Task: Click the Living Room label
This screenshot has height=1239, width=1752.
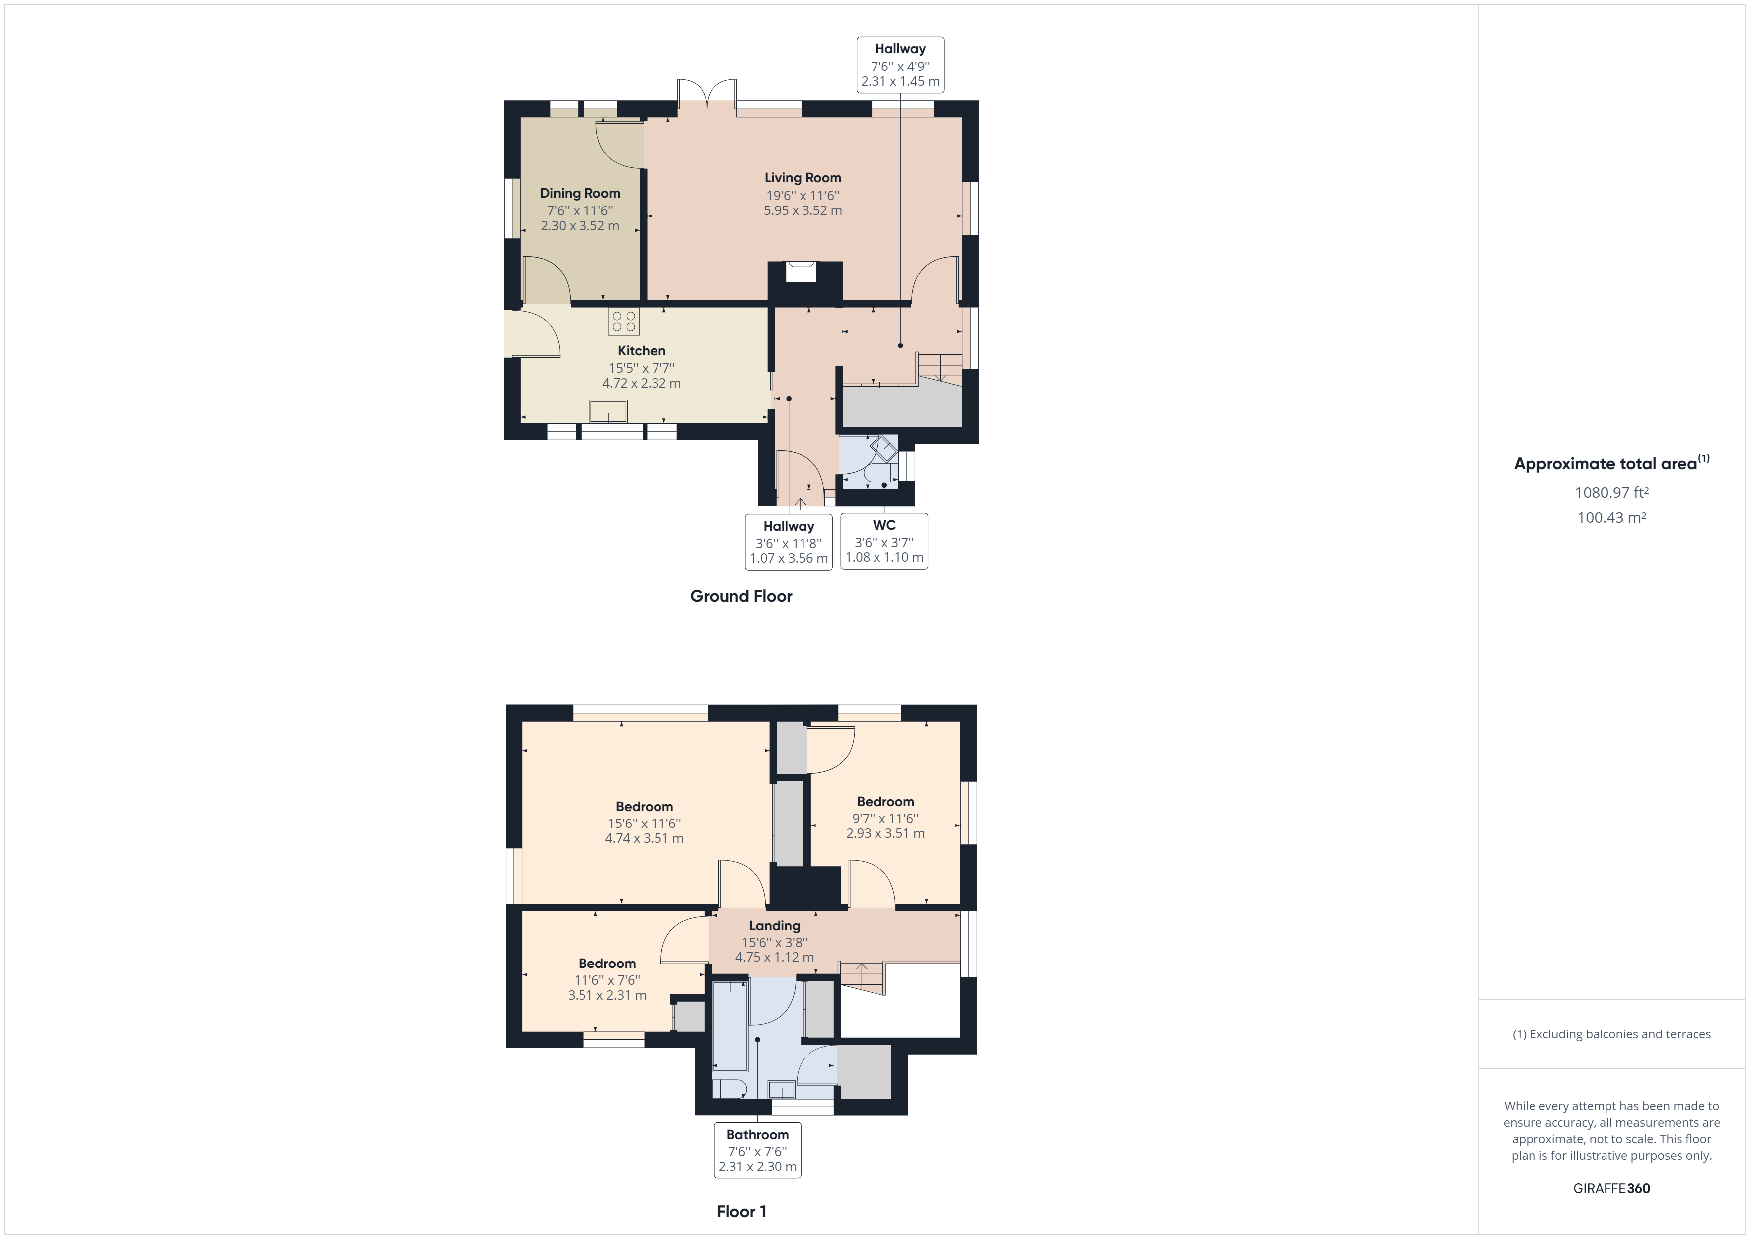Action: (803, 178)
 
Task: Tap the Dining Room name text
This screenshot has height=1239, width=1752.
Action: (580, 193)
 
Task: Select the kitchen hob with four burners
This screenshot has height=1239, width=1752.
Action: (623, 321)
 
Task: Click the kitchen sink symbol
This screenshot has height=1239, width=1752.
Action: (608, 411)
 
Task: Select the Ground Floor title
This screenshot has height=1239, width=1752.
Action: (741, 596)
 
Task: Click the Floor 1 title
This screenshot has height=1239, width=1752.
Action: (741, 1212)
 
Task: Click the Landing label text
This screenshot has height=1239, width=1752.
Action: (775, 925)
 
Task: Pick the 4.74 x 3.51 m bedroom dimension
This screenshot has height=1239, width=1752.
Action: (644, 838)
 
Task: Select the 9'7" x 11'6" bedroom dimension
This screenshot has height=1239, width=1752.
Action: (885, 818)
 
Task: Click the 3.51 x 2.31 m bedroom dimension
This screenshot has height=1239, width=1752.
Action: (607, 995)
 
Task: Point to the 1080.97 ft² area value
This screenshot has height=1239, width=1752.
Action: (1611, 493)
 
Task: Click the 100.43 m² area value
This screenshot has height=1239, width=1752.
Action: (1611, 517)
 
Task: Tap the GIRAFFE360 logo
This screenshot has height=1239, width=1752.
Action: (1611, 1188)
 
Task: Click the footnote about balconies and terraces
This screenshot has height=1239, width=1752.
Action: (1611, 1034)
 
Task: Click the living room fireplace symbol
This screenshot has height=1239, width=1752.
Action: (801, 272)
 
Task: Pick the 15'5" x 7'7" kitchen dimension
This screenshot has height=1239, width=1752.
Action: (641, 368)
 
